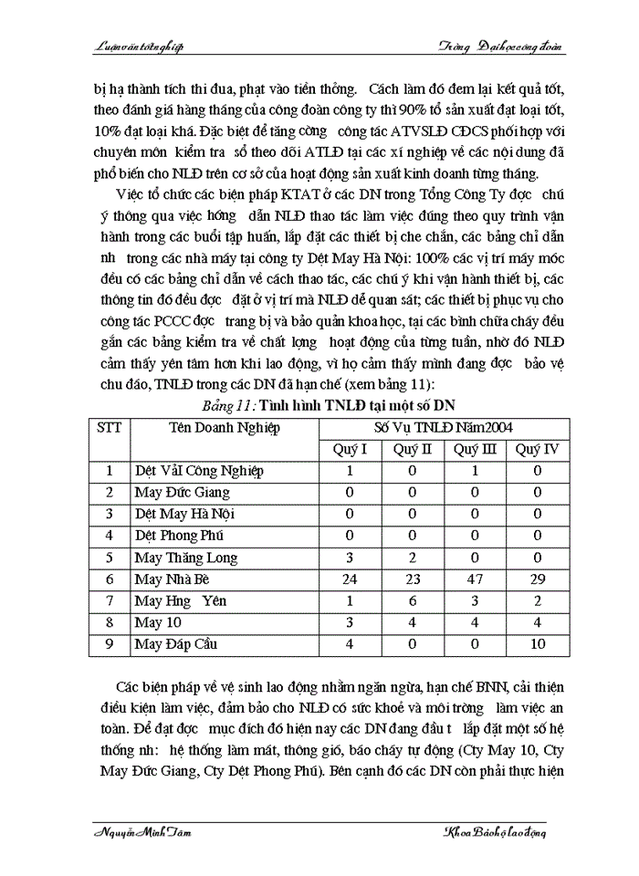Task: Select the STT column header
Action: click(110, 427)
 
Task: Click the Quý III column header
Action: click(475, 449)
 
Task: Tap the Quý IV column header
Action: click(538, 449)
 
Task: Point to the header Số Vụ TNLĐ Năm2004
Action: click(443, 427)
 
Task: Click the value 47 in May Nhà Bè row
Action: click(475, 579)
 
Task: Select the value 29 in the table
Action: click(538, 579)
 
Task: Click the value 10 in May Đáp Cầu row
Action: click(538, 645)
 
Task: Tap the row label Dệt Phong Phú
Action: click(179, 536)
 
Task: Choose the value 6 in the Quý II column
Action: click(412, 601)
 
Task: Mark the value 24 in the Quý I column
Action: click(350, 579)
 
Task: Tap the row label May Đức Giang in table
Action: click(182, 493)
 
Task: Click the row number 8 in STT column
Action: click(110, 623)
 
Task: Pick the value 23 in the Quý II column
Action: click(412, 579)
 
